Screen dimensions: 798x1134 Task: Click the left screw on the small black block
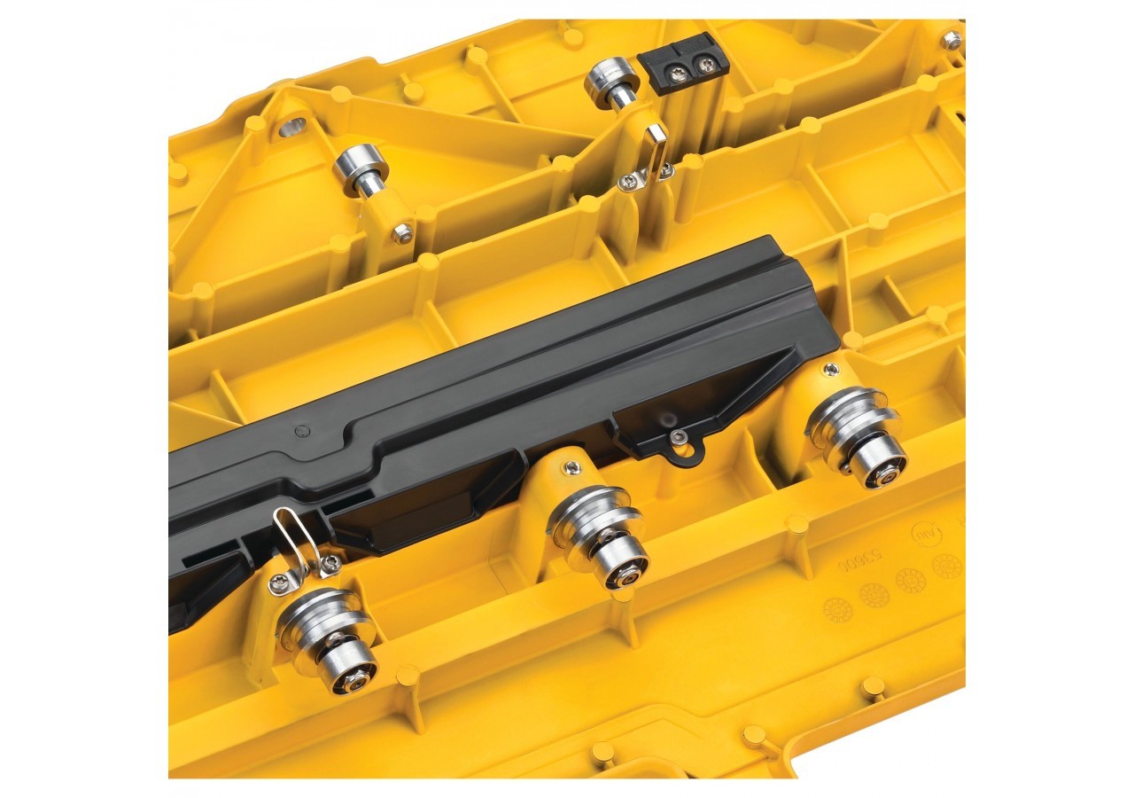(x=682, y=63)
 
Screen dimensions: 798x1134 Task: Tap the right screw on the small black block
(x=705, y=63)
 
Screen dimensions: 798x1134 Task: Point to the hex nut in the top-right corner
(x=951, y=39)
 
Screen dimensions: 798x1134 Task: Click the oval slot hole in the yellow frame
(x=292, y=128)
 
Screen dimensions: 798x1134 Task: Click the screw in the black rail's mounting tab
(x=678, y=436)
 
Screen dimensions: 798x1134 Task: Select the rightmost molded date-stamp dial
(x=946, y=565)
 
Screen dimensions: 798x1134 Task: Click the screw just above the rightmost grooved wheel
(x=831, y=369)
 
